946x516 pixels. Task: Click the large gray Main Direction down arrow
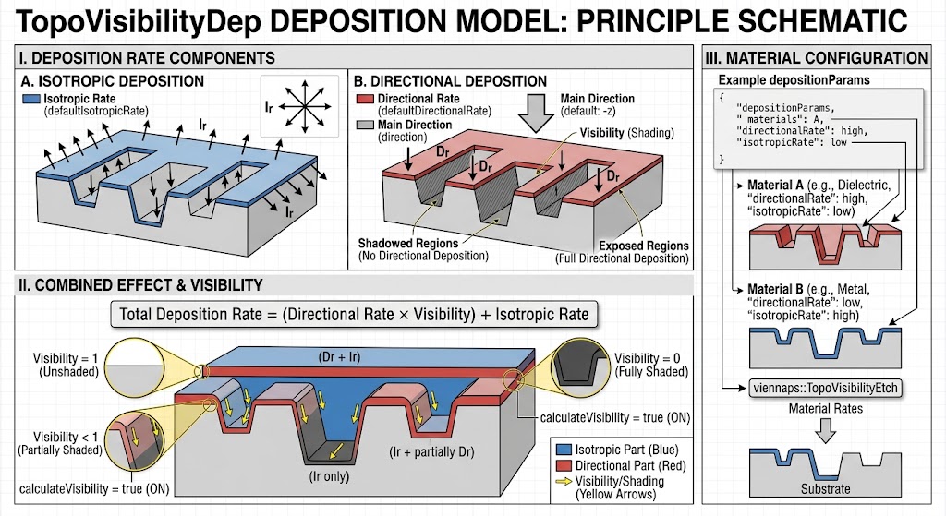[x=536, y=114]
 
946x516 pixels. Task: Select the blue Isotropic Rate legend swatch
[x=30, y=99]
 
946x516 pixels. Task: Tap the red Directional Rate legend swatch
[x=365, y=99]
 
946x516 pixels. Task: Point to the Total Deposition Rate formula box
[x=354, y=314]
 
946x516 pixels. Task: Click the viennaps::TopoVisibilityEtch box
[x=825, y=389]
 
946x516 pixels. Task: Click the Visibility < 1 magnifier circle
[x=136, y=443]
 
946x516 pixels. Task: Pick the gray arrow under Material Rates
[x=825, y=430]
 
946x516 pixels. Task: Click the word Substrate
[x=825, y=489]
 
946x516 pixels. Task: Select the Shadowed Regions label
[x=408, y=243]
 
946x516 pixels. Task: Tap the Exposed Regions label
[x=644, y=246]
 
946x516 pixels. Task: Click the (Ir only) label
[x=330, y=476]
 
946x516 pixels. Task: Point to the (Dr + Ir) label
[x=339, y=357]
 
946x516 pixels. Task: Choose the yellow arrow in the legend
[x=564, y=482]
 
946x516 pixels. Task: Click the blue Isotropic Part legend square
[x=564, y=450]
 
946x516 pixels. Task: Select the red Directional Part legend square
[x=564, y=465]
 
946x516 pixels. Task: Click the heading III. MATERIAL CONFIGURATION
[x=817, y=58]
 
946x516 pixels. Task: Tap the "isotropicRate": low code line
[x=792, y=142]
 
